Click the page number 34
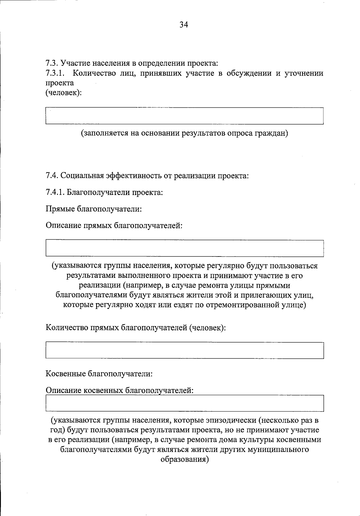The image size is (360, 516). click(184, 25)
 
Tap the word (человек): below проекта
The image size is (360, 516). click(64, 93)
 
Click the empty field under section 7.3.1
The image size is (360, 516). click(184, 116)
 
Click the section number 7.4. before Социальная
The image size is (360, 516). click(52, 175)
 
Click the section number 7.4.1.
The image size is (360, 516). click(55, 192)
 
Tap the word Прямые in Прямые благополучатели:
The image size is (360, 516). click(60, 208)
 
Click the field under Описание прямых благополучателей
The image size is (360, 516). click(184, 248)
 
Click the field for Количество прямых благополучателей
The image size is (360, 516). click(184, 350)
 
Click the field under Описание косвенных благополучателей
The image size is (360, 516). click(184, 403)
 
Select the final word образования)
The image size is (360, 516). click(184, 459)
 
